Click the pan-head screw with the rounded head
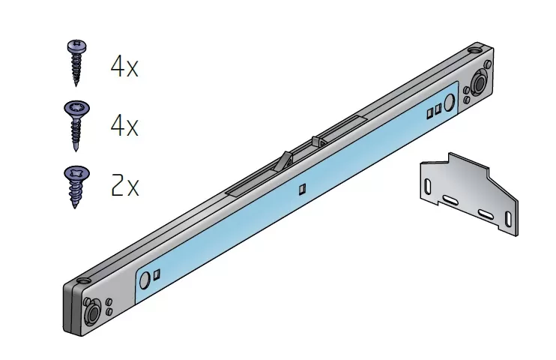(x=76, y=62)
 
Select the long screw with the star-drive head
(x=76, y=126)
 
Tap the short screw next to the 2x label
(x=76, y=187)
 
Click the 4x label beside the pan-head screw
(x=124, y=67)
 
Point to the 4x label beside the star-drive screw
(x=124, y=126)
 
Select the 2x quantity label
(x=125, y=186)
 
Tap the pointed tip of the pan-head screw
(x=76, y=84)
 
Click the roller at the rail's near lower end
(x=93, y=313)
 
